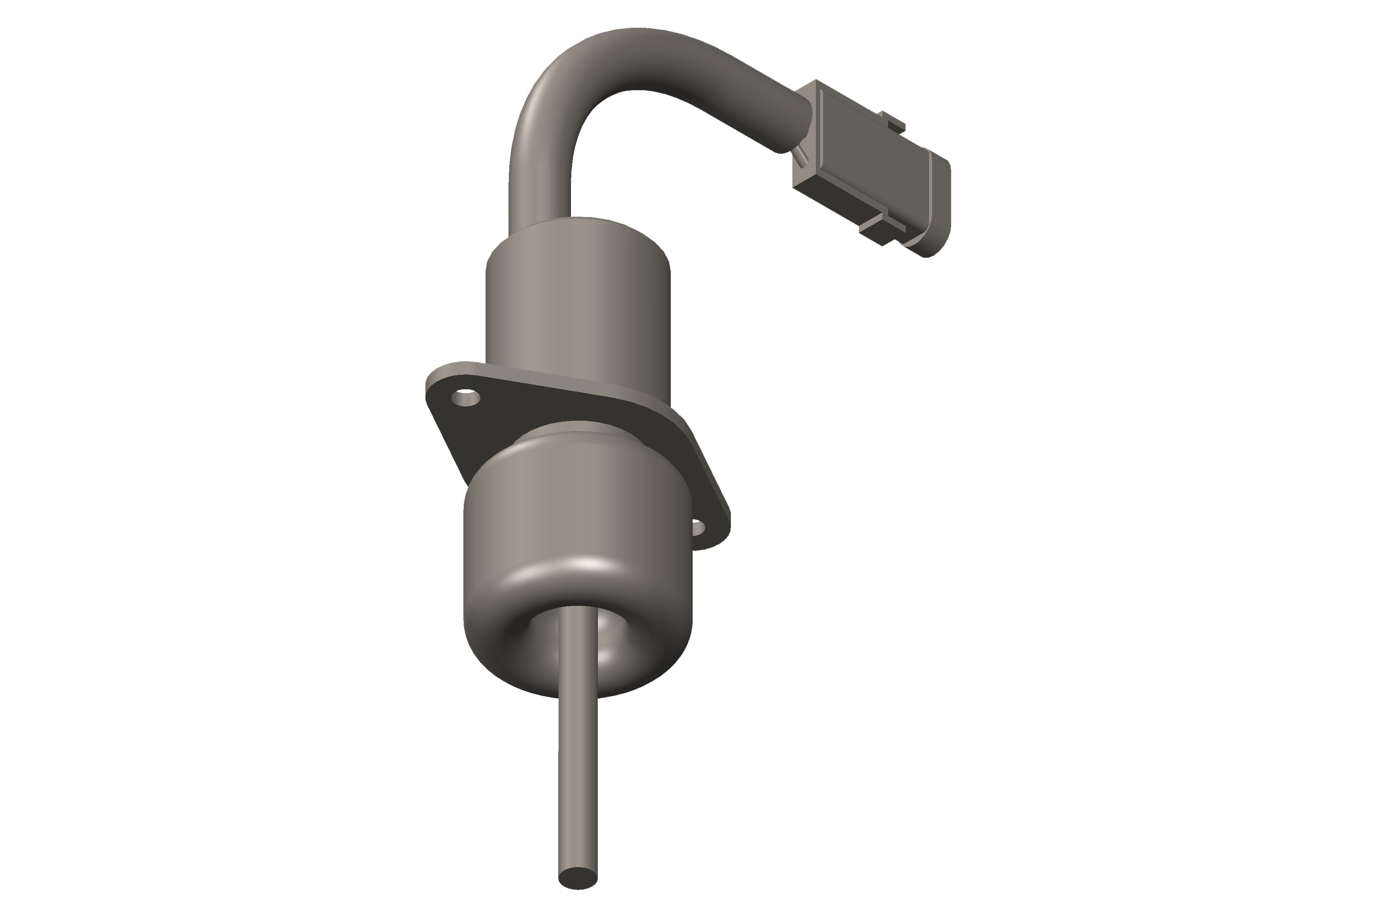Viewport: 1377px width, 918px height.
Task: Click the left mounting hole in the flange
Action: pyautogui.click(x=466, y=399)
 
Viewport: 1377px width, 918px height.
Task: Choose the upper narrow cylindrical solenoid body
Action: pyautogui.click(x=578, y=304)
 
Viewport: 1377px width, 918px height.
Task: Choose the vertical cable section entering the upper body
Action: pyautogui.click(x=540, y=187)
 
